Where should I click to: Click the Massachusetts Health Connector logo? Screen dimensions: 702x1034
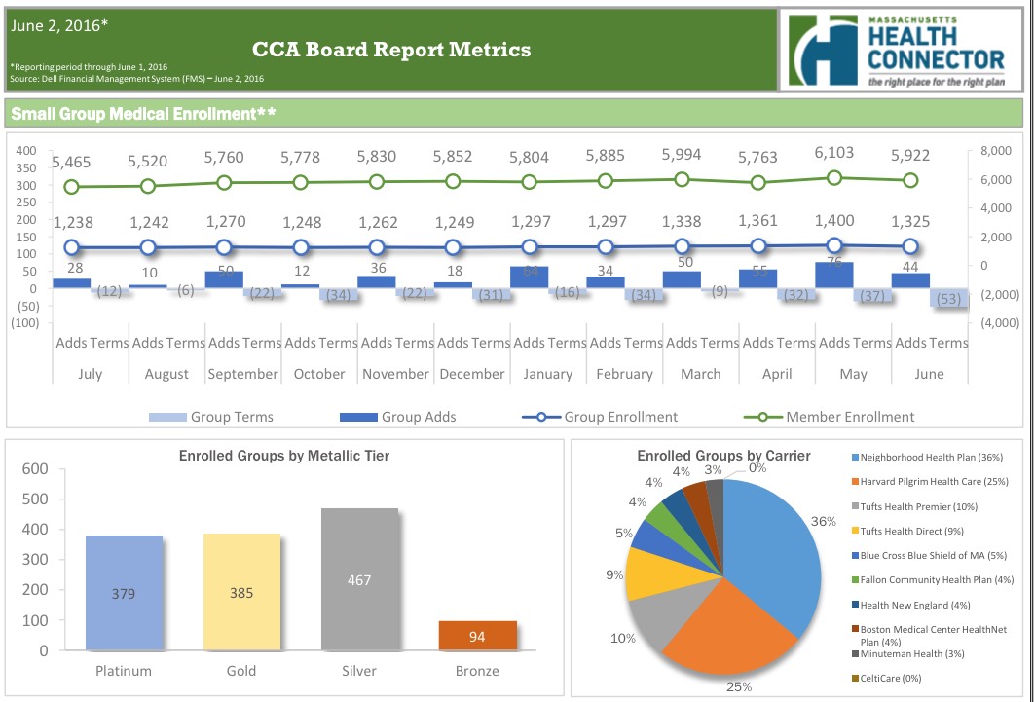click(x=902, y=51)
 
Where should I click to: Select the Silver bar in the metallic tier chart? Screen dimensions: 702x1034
click(x=360, y=579)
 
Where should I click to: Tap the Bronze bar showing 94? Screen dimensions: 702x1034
click(x=477, y=636)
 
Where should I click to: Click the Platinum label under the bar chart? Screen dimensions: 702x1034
click(x=123, y=671)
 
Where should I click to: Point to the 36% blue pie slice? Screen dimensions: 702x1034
click(x=769, y=545)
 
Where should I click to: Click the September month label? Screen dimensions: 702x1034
click(x=243, y=374)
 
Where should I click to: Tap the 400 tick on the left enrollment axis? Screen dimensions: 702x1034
click(x=25, y=151)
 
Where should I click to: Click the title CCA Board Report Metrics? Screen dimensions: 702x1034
click(x=391, y=49)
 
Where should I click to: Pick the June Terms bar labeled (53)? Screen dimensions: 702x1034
click(x=949, y=299)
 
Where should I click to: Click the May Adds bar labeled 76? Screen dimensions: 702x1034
click(x=833, y=275)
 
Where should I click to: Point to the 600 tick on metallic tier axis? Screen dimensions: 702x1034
click(x=35, y=468)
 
